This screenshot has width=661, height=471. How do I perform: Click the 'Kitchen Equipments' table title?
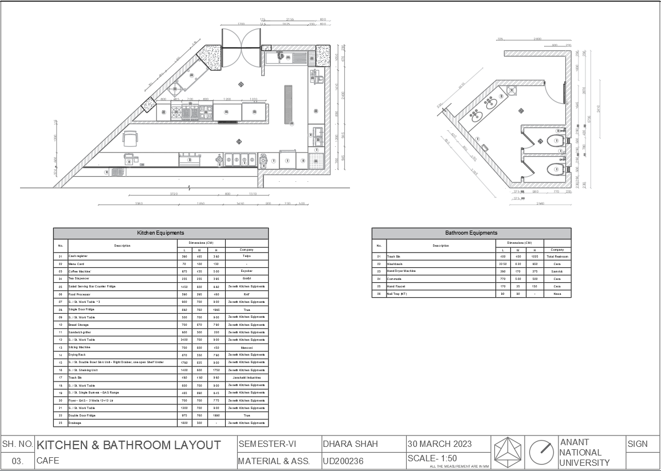click(160, 233)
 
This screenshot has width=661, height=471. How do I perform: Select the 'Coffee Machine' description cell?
click(80, 271)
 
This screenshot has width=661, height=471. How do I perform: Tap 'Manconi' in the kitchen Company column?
click(246, 348)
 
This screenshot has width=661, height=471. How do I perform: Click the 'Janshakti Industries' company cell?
click(246, 377)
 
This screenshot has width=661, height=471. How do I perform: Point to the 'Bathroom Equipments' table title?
click(471, 233)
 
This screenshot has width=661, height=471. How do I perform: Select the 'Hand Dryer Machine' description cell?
click(401, 271)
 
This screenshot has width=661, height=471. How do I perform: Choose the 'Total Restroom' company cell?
click(557, 256)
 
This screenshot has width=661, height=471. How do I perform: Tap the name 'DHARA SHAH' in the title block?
click(350, 444)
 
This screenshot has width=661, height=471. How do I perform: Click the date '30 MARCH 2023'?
click(439, 444)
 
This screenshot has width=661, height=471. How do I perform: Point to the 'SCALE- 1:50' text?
click(432, 458)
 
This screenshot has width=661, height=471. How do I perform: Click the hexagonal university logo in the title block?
click(508, 452)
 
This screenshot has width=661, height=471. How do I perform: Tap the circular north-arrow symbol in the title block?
click(541, 452)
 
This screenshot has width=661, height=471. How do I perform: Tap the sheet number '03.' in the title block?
click(17, 461)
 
